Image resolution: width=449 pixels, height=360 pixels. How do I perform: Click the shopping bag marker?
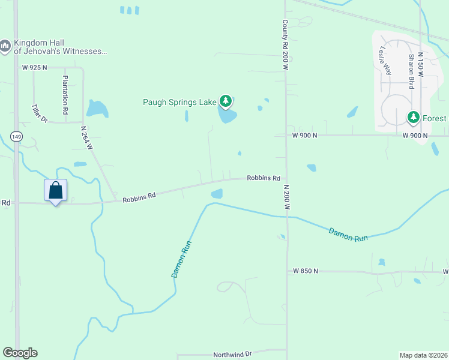pos(55,191)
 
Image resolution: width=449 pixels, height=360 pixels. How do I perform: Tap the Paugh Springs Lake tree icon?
pos(226,101)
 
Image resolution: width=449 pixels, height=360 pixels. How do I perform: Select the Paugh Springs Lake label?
pos(179,102)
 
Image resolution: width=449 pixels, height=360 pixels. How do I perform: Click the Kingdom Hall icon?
pos(5,46)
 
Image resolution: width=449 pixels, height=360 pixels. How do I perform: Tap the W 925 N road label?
pos(34,68)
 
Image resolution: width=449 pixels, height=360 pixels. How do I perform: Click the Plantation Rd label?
pos(65,95)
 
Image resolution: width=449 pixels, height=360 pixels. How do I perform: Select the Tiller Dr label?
pos(39,113)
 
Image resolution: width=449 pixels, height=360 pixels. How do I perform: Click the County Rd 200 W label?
pos(286,44)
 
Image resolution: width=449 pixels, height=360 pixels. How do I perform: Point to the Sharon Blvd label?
pos(412,71)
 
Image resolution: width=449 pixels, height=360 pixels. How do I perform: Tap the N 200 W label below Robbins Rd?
pos(287,197)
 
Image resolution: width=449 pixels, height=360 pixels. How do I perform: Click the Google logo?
pos(20,353)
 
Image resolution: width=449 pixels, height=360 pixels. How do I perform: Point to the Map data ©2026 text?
pos(423,355)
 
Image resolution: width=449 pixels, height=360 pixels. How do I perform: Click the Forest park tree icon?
pos(413,117)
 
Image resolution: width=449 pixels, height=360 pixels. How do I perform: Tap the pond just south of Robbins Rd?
pos(217,194)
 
